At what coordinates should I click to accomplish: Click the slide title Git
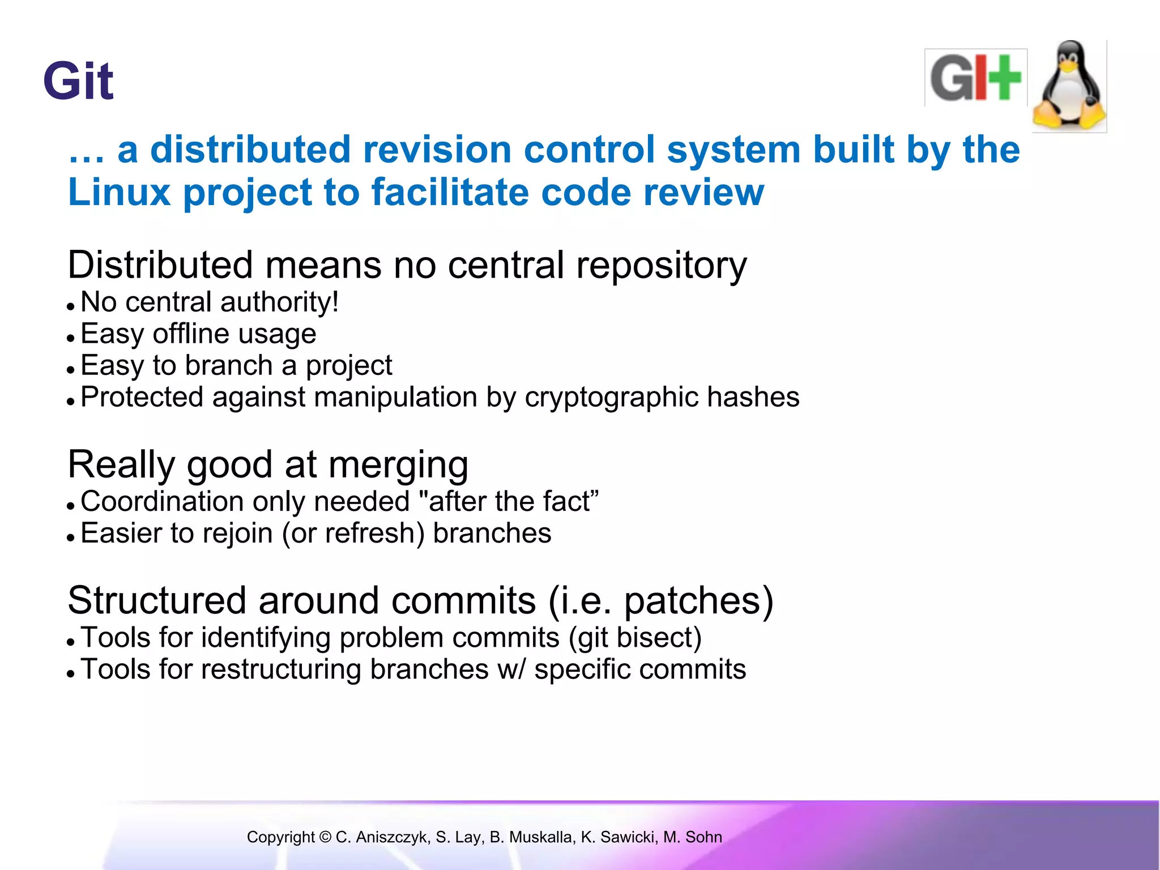point(78,82)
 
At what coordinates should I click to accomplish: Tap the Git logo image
point(975,78)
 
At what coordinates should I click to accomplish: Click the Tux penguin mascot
point(1069,86)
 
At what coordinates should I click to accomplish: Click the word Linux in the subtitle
point(119,192)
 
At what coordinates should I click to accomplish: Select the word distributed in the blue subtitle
point(250,150)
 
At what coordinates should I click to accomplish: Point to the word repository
point(661,265)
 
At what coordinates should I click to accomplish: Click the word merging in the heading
point(398,465)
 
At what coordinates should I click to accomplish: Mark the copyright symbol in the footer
point(325,837)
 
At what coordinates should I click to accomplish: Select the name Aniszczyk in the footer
point(390,837)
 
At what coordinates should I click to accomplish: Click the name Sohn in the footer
point(703,837)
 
